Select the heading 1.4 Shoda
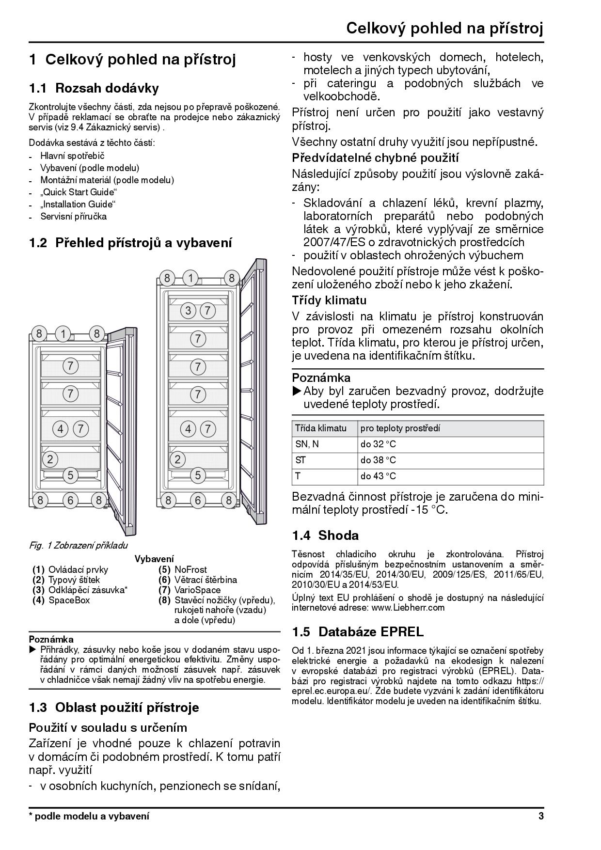pos(325,535)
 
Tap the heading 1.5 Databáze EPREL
pos(358,632)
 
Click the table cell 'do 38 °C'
pos(378,460)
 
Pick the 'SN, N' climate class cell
pos(307,444)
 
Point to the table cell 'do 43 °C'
pos(378,476)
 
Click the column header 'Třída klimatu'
pos(321,428)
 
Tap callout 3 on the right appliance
pos(189,311)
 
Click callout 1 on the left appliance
pos(63,334)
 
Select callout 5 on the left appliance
pos(71,475)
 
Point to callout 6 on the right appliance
pos(198,500)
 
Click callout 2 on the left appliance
pos(49,458)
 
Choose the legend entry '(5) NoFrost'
pos(183,570)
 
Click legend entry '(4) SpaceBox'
pos(61,600)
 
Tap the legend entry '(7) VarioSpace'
pos(190,590)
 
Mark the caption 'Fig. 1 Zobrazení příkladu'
pos(79,546)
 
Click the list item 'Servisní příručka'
pos(73,217)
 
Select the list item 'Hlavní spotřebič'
pos(72,156)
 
